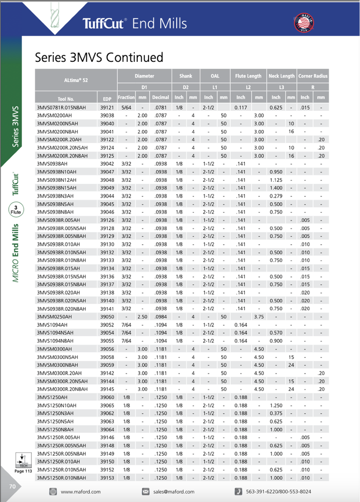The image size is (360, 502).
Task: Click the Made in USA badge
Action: [304, 23]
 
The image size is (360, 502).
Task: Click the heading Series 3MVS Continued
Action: [99, 57]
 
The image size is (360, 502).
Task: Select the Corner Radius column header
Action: [312, 76]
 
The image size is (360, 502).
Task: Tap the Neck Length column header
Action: [282, 76]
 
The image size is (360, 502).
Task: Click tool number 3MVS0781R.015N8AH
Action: [61, 107]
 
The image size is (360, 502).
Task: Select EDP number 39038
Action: [107, 116]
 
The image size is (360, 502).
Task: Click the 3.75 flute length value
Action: [258, 317]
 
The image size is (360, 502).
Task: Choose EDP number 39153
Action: [107, 478]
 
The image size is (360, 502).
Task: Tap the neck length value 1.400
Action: [276, 188]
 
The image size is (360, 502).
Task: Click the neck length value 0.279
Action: [276, 196]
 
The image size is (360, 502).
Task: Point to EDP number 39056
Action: [107, 349]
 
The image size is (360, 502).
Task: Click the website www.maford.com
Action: [80, 492]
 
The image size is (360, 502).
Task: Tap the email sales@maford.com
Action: [176, 492]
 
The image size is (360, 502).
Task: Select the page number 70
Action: [12, 486]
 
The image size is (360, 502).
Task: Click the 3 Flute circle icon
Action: [16, 211]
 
